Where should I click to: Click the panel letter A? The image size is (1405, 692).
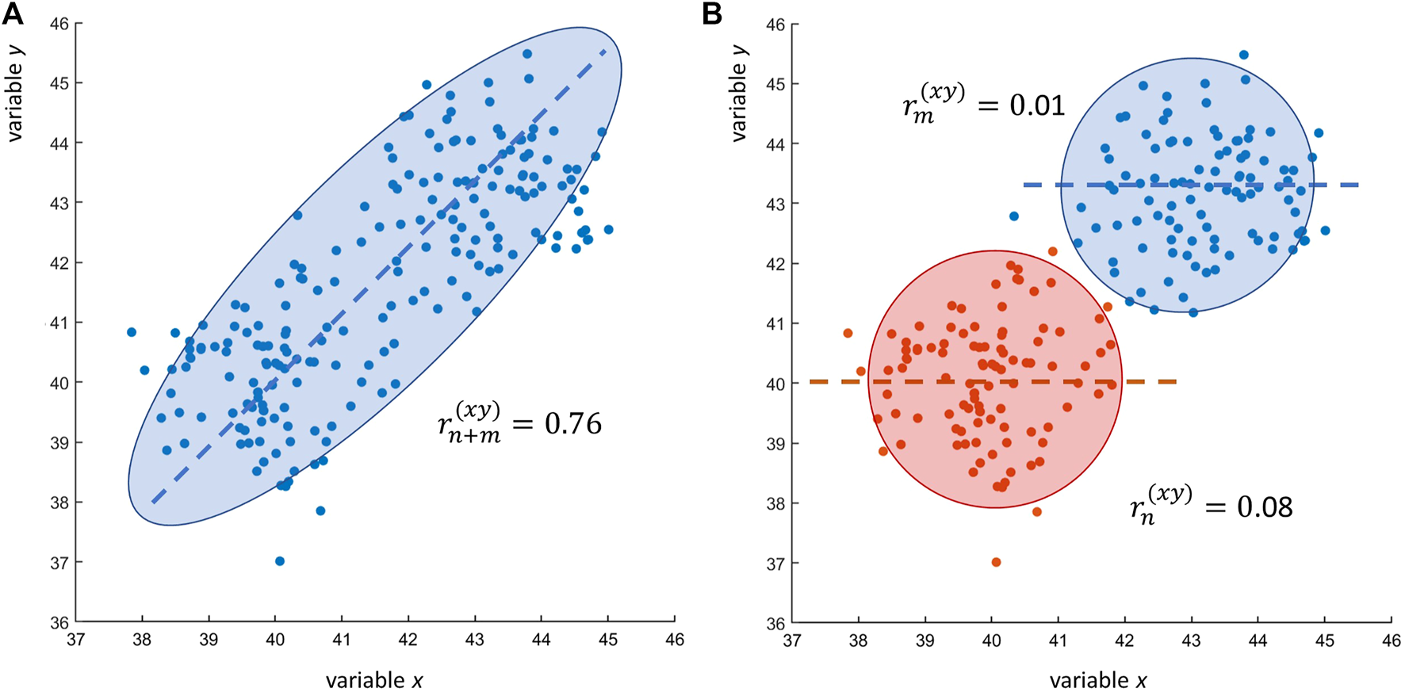tap(13, 13)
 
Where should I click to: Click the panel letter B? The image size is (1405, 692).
tap(712, 13)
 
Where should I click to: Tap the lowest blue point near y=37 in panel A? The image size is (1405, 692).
tap(279, 561)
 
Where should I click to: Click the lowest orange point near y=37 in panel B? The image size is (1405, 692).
tap(996, 562)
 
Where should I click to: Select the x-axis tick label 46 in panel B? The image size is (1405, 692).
tap(1391, 641)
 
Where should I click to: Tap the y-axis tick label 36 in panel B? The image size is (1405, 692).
tap(776, 623)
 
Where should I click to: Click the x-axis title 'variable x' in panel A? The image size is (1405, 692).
tap(373, 680)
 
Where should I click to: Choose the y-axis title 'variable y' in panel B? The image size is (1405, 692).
tap(739, 93)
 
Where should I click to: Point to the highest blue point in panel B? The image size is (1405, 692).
tap(1243, 55)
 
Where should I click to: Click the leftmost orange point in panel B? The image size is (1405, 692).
tap(848, 333)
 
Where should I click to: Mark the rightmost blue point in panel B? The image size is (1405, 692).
tap(1325, 231)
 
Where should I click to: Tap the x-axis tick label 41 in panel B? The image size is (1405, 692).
tap(1058, 641)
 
